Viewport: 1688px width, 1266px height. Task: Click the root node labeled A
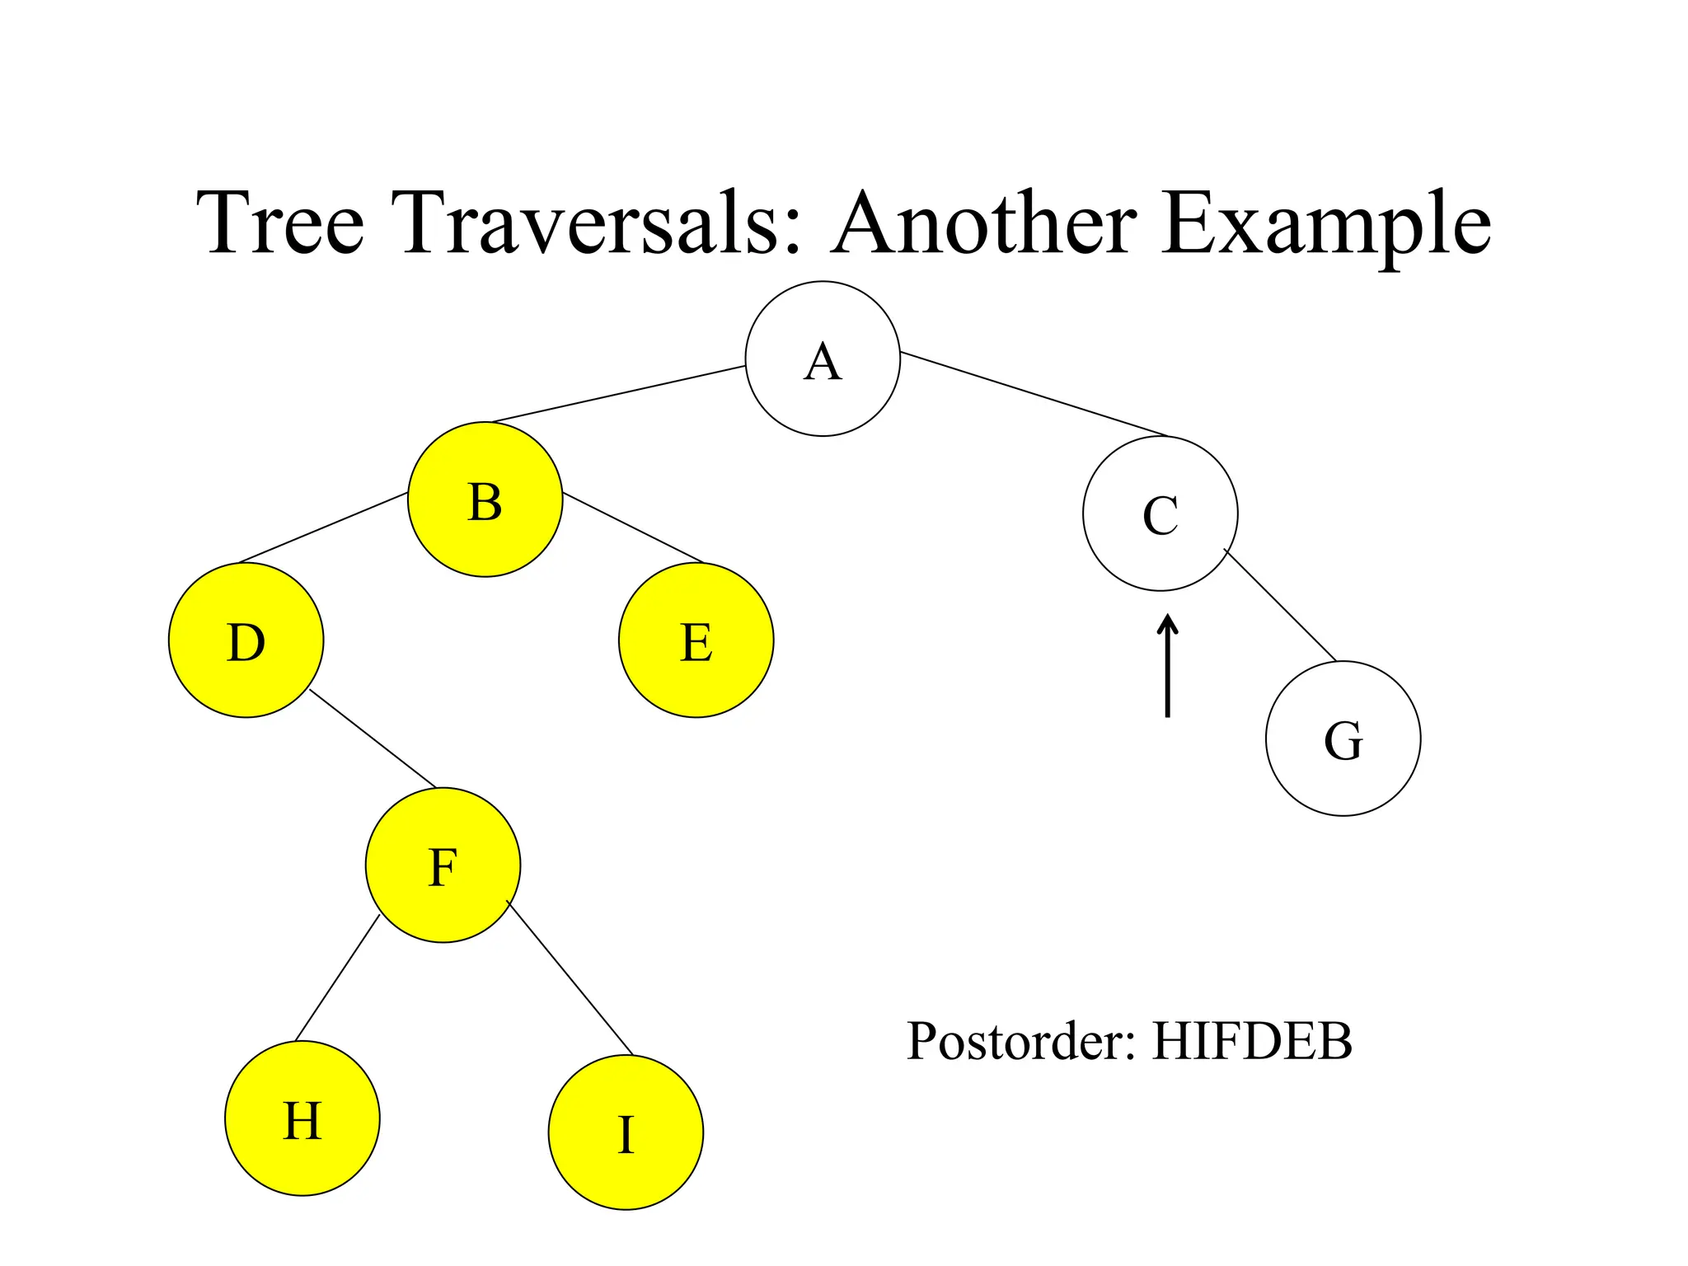pos(823,359)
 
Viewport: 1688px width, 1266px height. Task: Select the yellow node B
pos(485,499)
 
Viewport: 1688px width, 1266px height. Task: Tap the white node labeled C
pos(1160,513)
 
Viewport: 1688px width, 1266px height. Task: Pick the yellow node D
pos(246,640)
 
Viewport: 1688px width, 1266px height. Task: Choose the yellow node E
pos(696,640)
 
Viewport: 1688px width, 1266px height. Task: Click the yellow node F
pos(443,865)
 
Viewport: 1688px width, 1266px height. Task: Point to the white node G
pos(1343,738)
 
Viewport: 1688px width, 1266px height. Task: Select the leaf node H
pos(302,1118)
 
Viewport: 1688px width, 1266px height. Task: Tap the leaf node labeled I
pos(626,1132)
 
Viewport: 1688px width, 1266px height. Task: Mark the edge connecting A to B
pos(618,394)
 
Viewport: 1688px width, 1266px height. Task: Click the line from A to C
pos(1034,394)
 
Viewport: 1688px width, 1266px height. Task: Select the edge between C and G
pos(1280,605)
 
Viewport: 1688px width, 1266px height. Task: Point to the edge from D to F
pos(373,738)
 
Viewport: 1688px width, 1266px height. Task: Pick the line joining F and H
pos(337,978)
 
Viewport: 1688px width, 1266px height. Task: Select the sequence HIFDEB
pos(1252,1042)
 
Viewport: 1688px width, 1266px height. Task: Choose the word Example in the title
pos(1326,224)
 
